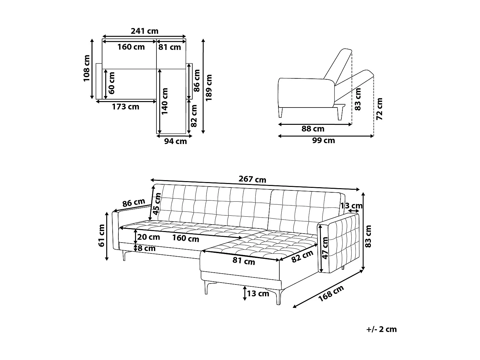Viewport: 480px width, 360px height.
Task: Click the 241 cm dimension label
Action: pos(144,31)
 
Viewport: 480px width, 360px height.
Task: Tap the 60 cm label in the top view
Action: pos(112,83)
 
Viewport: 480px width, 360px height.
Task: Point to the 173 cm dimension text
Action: pos(125,107)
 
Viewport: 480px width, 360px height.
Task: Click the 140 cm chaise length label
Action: pos(165,101)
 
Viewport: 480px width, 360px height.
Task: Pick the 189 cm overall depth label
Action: pos(209,88)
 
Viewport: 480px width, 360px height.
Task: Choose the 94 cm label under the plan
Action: pos(175,141)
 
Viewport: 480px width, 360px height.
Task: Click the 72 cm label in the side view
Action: pos(380,109)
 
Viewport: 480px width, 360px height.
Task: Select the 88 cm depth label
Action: pos(313,129)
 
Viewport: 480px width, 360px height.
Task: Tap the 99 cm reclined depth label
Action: pos(324,140)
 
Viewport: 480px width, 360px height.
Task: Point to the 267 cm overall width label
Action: pos(252,179)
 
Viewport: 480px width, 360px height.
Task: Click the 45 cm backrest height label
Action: pos(157,204)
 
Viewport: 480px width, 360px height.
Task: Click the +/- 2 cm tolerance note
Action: pos(381,329)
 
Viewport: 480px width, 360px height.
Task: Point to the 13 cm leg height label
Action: pos(258,293)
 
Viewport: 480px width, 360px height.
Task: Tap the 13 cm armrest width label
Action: pos(351,205)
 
